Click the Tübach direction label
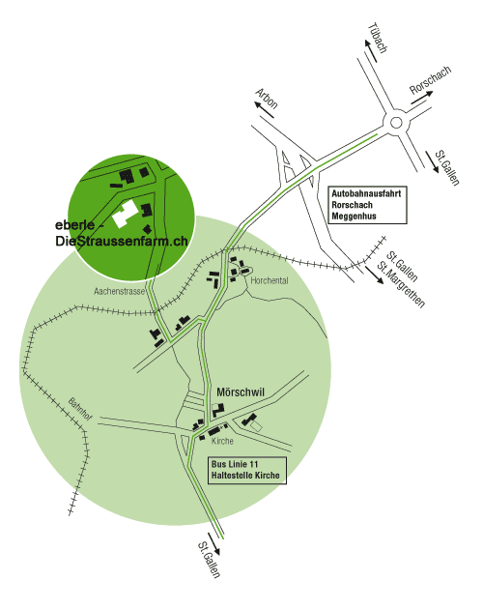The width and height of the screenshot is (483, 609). (378, 38)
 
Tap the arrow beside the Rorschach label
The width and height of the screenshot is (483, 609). (421, 98)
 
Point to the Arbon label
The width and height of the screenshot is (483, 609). (267, 99)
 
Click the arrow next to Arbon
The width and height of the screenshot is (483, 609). (264, 109)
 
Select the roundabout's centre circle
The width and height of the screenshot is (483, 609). (396, 123)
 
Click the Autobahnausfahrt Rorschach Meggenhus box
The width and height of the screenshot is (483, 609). (367, 205)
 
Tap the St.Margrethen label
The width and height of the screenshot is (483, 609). (402, 285)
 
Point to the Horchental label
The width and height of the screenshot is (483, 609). (270, 280)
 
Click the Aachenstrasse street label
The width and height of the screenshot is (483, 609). (119, 291)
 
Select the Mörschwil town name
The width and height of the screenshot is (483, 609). (241, 392)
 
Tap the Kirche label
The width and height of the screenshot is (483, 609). (222, 441)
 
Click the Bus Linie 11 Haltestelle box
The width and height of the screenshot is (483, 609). (247, 471)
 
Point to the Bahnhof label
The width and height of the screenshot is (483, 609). (80, 409)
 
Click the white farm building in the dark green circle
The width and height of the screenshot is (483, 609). (125, 214)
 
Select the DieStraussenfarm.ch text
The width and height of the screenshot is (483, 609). (122, 242)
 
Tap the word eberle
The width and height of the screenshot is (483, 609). (75, 225)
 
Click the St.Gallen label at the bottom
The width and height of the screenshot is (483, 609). (209, 560)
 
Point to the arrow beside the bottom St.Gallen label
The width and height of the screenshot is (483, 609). (214, 543)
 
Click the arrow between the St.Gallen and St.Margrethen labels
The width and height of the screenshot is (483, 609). (374, 275)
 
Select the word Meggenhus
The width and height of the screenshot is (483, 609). (354, 216)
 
